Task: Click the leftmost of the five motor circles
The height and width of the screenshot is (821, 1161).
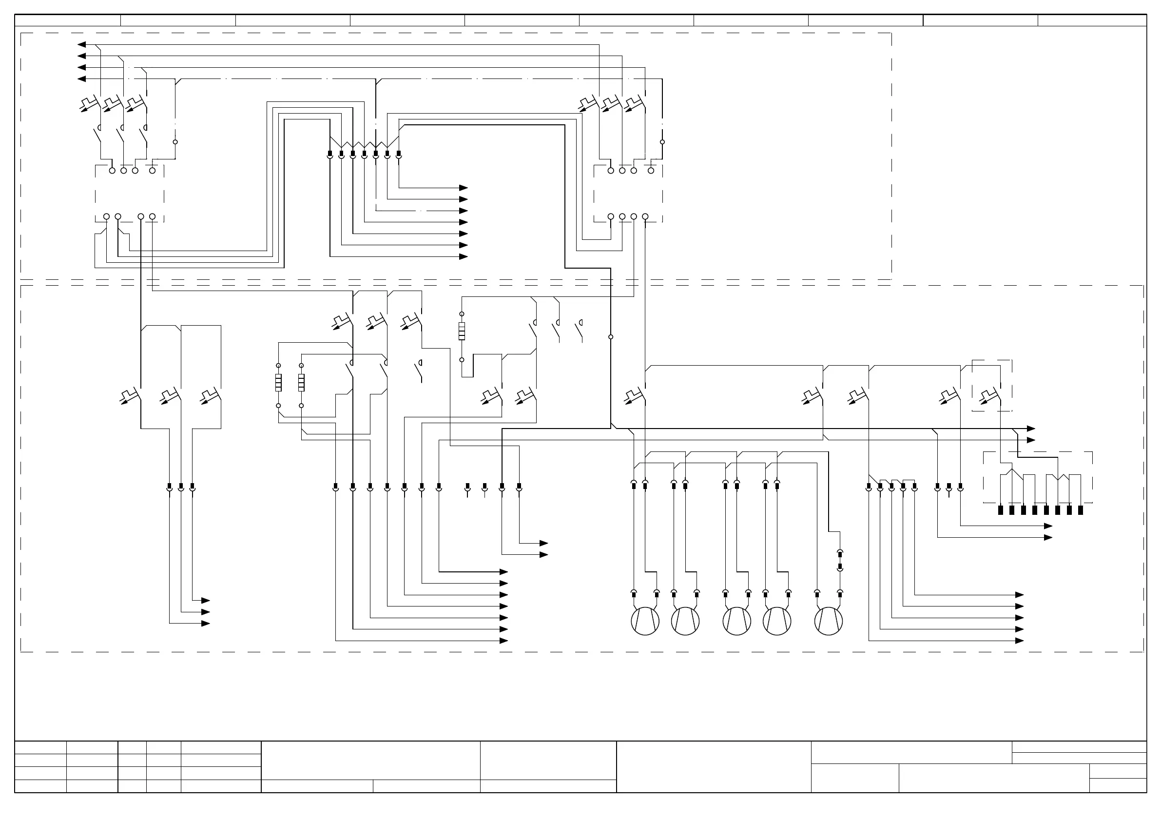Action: pyautogui.click(x=645, y=621)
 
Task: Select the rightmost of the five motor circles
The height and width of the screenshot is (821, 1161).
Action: pyautogui.click(x=829, y=621)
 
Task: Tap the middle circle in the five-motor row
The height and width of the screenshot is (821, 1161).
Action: pyautogui.click(x=737, y=621)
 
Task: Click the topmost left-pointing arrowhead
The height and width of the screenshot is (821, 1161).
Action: pyautogui.click(x=81, y=44)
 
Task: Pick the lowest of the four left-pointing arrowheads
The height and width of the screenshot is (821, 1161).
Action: pyautogui.click(x=81, y=79)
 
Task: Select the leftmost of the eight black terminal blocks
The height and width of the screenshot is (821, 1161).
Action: pyautogui.click(x=1000, y=510)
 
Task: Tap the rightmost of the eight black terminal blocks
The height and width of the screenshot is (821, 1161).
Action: pyautogui.click(x=1081, y=510)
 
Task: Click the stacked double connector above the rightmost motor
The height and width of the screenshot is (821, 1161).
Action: pyautogui.click(x=840, y=561)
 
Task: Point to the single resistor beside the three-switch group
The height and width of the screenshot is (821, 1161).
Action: pyautogui.click(x=462, y=332)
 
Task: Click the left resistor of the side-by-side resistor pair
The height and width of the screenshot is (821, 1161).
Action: pyautogui.click(x=278, y=383)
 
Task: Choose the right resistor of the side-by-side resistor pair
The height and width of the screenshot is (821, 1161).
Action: pyautogui.click(x=301, y=383)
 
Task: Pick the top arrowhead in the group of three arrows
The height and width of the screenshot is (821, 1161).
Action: pyautogui.click(x=205, y=601)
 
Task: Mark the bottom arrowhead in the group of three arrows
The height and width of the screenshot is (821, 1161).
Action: pyautogui.click(x=205, y=623)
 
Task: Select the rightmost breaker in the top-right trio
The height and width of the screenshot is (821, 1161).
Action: pyautogui.click(x=634, y=104)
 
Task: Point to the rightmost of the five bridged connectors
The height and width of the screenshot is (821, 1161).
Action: pyautogui.click(x=914, y=487)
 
